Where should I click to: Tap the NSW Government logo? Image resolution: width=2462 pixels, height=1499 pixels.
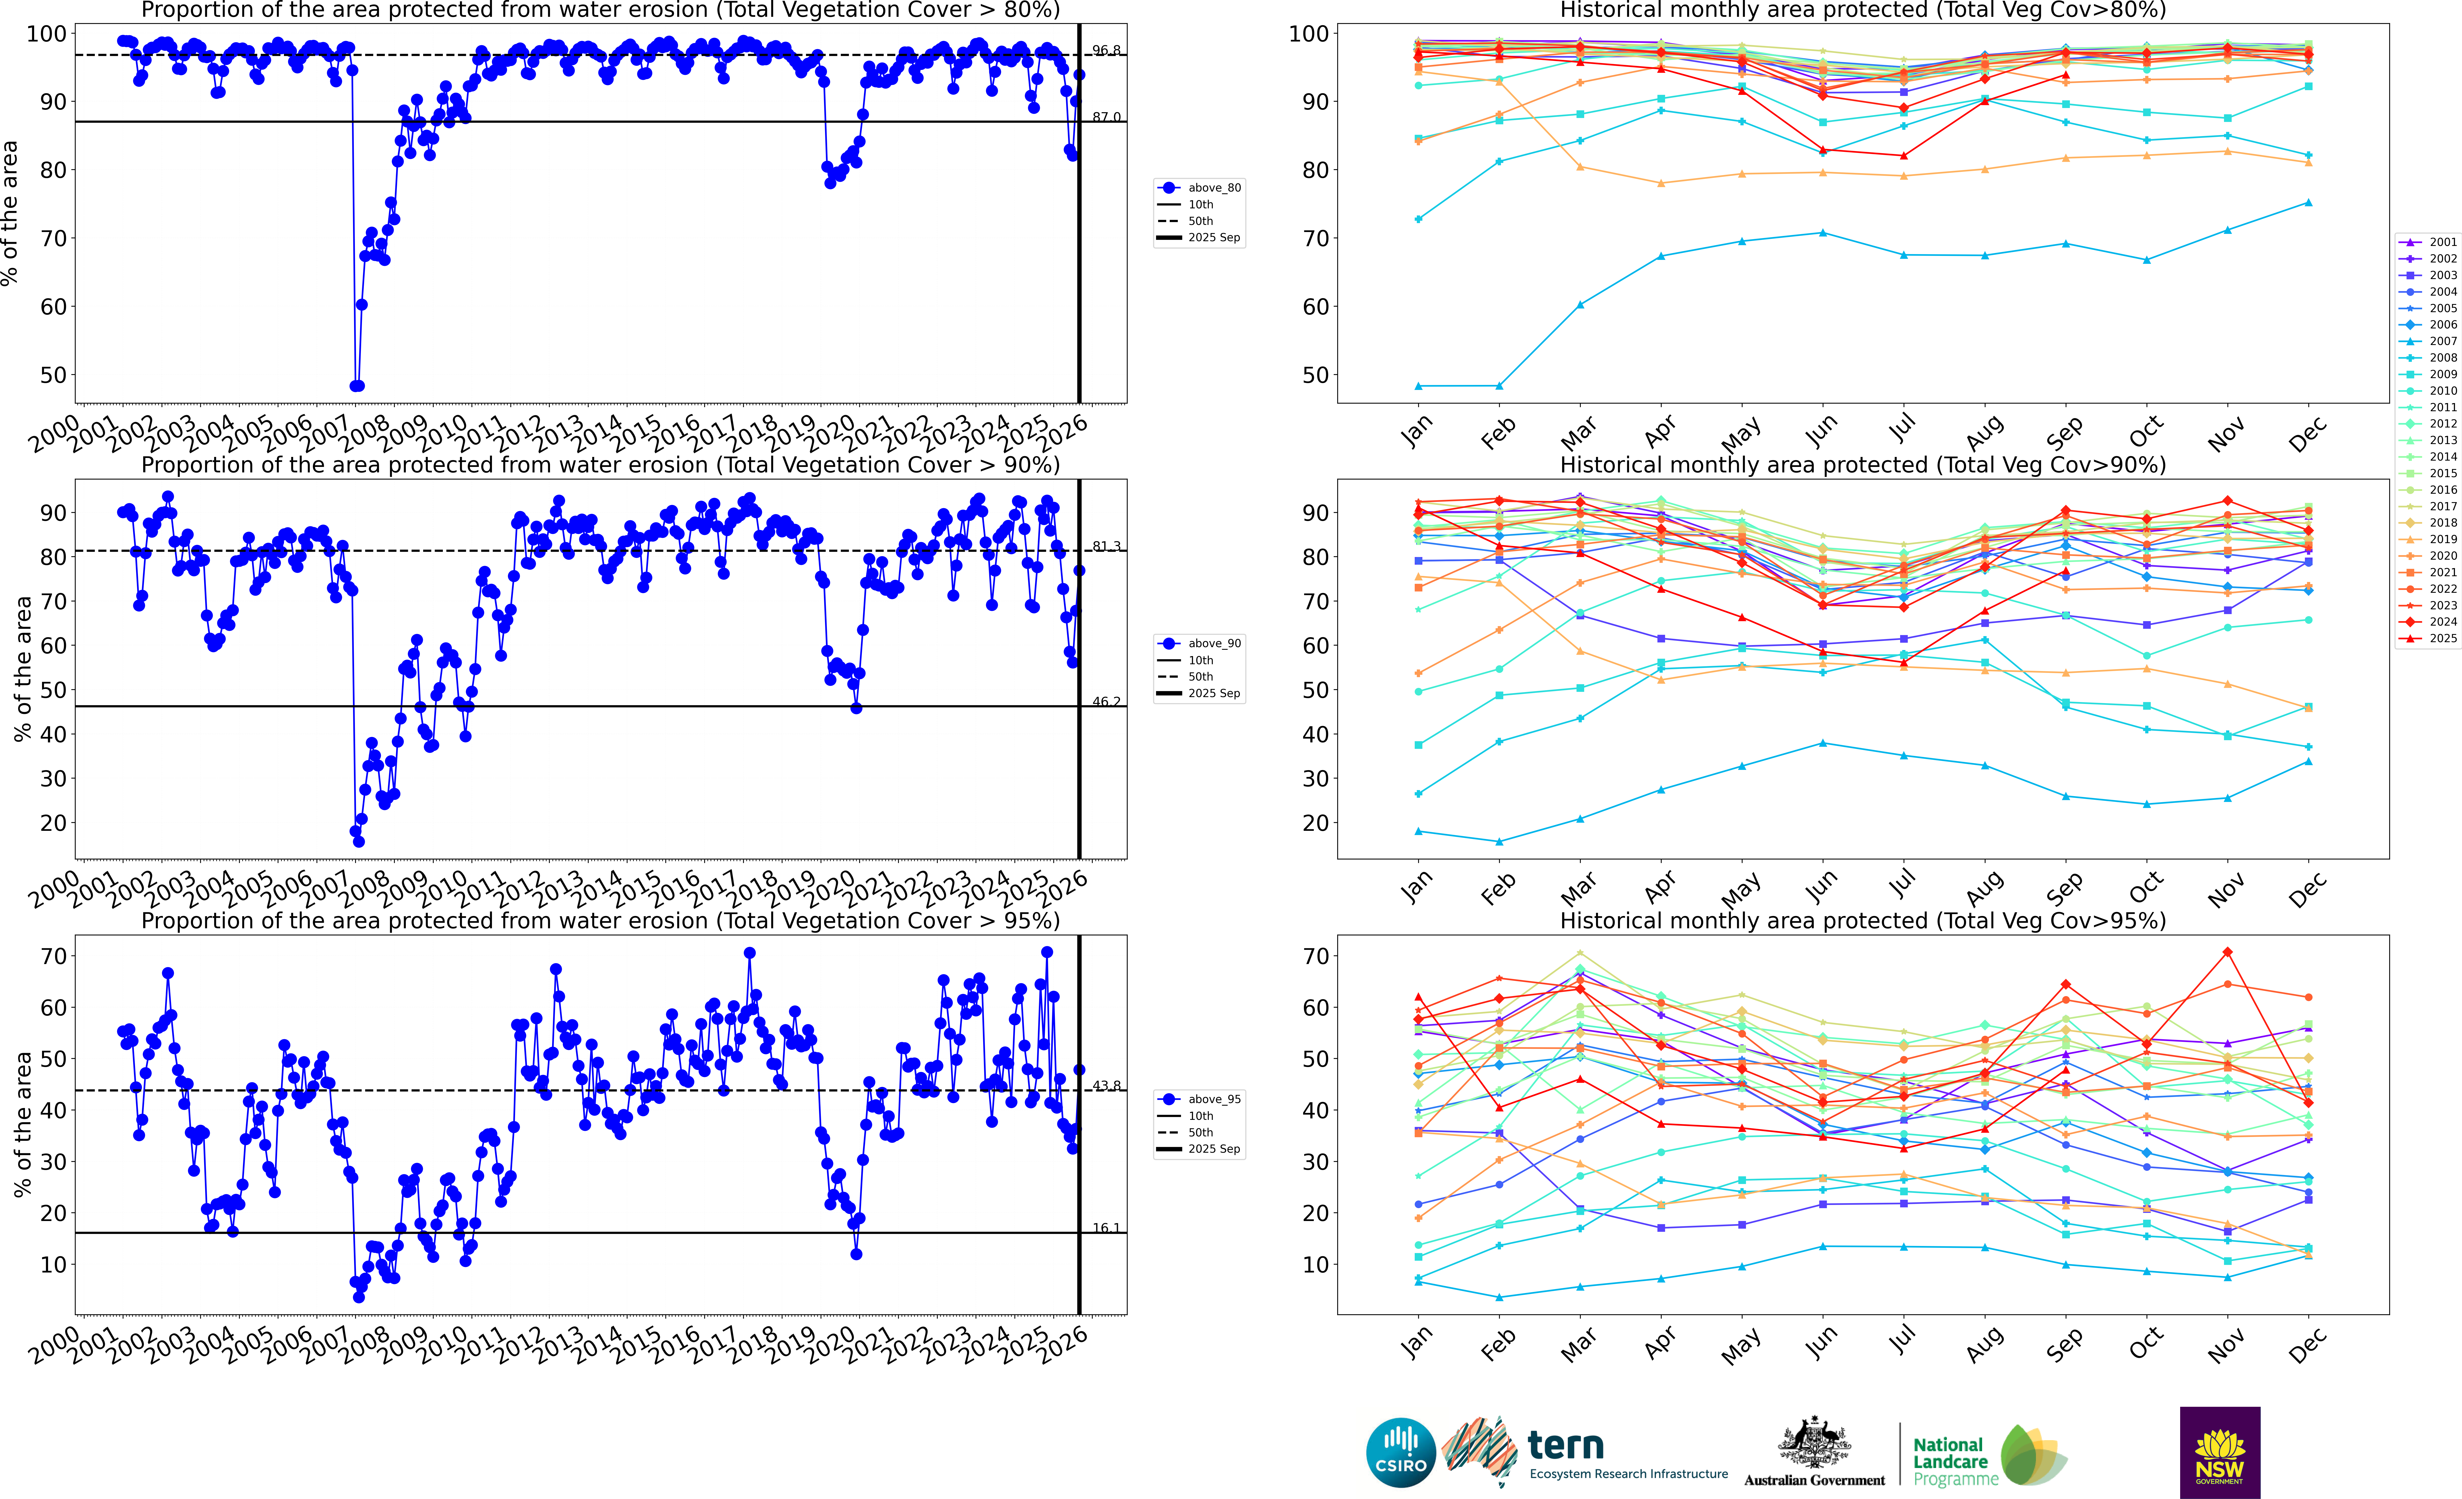[2219, 1452]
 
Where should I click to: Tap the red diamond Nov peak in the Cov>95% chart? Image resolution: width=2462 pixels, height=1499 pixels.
[2227, 952]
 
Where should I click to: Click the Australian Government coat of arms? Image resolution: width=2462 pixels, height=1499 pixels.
[1813, 1442]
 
